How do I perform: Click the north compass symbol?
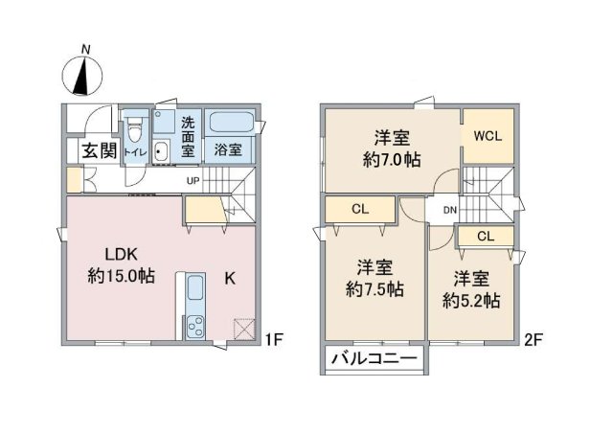(x=82, y=76)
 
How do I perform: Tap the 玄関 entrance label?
(x=100, y=150)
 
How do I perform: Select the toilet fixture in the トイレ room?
(x=135, y=130)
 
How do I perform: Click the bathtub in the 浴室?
(x=231, y=123)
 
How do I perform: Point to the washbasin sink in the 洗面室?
(x=161, y=150)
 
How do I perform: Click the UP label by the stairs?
(x=193, y=181)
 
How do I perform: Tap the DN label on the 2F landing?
(x=450, y=210)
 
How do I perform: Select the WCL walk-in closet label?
(x=488, y=136)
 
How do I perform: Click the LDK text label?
(x=122, y=255)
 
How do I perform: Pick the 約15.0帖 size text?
(x=121, y=276)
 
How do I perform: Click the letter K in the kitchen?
(x=230, y=278)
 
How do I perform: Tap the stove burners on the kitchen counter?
(x=195, y=327)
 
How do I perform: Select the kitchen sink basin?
(x=195, y=288)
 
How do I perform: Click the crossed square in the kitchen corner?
(x=244, y=330)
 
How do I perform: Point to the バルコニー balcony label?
(x=375, y=358)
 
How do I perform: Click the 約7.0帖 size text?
(x=392, y=160)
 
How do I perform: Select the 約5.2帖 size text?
(x=471, y=301)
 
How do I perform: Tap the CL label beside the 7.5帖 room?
(x=360, y=209)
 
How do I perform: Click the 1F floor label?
(x=274, y=339)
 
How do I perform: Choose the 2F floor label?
(x=533, y=339)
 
